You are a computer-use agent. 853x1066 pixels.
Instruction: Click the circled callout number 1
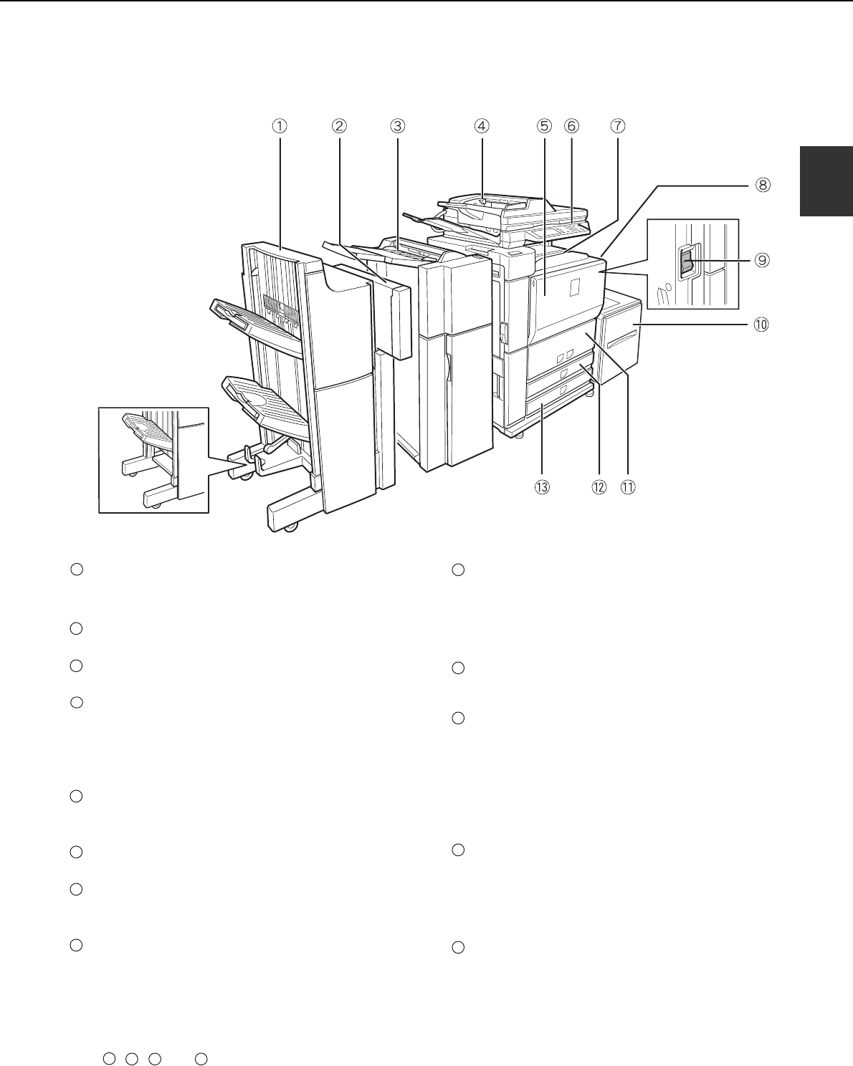(x=280, y=126)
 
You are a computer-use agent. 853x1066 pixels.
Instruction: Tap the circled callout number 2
(x=339, y=126)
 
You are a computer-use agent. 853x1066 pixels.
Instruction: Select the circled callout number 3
(x=398, y=126)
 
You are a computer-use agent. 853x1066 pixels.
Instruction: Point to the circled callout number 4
(x=481, y=126)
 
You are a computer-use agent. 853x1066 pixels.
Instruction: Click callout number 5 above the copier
(x=544, y=126)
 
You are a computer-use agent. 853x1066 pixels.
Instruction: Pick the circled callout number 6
(x=571, y=126)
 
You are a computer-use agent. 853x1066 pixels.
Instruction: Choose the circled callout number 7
(x=618, y=126)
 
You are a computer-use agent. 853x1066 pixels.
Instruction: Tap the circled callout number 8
(x=763, y=186)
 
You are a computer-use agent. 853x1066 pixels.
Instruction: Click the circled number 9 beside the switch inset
(x=762, y=260)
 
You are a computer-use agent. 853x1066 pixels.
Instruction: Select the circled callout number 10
(x=761, y=325)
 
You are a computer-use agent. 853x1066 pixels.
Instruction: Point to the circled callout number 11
(x=628, y=487)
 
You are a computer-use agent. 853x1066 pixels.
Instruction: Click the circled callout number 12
(x=599, y=487)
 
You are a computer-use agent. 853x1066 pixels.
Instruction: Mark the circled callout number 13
(x=542, y=487)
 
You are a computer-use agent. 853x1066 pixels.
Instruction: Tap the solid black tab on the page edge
(x=826, y=181)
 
